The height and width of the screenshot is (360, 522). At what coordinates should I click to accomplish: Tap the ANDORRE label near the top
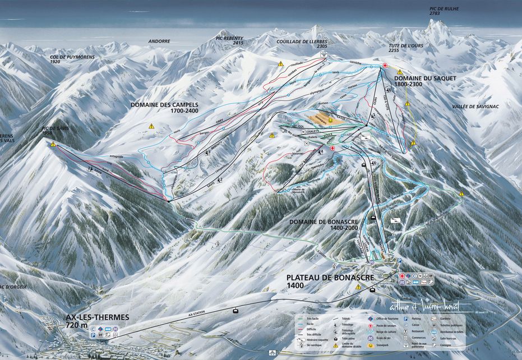click(x=159, y=41)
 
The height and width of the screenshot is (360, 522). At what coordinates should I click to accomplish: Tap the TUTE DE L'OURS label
click(x=406, y=47)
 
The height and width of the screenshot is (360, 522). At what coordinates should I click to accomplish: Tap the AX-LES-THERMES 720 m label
click(x=96, y=321)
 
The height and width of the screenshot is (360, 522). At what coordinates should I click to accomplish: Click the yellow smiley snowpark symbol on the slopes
click(x=331, y=120)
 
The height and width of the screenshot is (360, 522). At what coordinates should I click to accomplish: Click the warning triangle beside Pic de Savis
click(x=53, y=144)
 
